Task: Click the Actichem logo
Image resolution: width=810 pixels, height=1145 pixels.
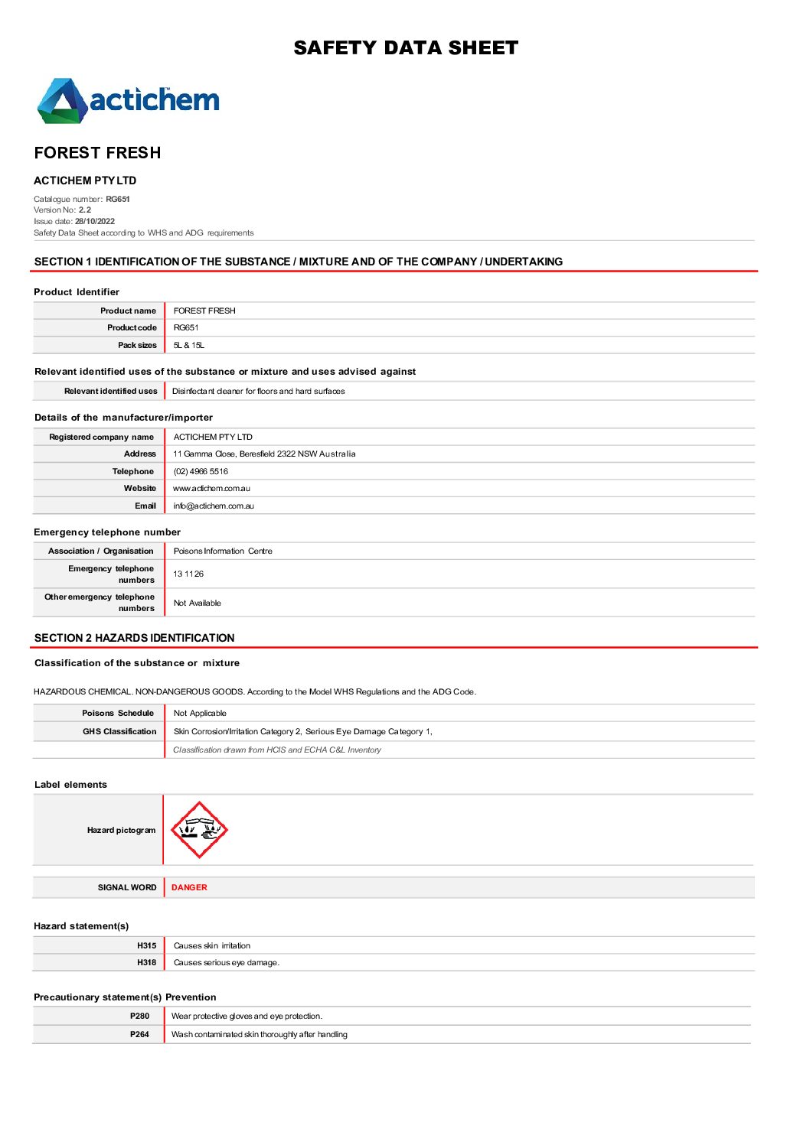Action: coord(129,100)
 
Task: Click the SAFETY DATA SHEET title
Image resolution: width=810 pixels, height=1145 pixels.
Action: coord(406,48)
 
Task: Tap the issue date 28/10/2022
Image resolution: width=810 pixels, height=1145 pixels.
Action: coord(95,221)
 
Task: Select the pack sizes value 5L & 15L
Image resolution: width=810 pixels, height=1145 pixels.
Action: coord(188,345)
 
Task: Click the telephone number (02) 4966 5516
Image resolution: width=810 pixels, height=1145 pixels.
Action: coord(201,471)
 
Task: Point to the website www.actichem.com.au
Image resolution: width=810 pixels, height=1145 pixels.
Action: coord(211,488)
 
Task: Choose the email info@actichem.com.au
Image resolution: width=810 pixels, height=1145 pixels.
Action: coord(214,506)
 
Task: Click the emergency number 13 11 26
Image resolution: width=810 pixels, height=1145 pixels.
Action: coord(188,574)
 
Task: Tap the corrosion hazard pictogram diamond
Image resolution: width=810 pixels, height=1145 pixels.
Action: coord(199,830)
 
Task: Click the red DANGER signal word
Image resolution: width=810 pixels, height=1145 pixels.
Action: coord(189,887)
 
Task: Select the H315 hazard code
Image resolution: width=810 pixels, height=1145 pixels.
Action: coord(146,945)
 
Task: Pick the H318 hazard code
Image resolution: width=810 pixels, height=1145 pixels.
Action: coord(146,962)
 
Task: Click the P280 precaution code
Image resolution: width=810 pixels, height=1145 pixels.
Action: coord(139,1016)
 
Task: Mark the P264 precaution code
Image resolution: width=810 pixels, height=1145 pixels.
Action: coord(139,1034)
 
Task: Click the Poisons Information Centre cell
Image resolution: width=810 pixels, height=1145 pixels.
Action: coord(223,551)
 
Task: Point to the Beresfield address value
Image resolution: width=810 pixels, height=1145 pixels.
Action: coord(264,454)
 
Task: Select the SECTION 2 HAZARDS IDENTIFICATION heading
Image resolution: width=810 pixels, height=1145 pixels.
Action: coord(135,638)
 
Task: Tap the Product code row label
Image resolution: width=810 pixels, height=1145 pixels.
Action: coord(132,327)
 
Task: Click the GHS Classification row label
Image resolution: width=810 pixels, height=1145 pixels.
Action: coord(119,731)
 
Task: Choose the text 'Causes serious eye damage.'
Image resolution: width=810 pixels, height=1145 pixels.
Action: coord(227,962)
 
